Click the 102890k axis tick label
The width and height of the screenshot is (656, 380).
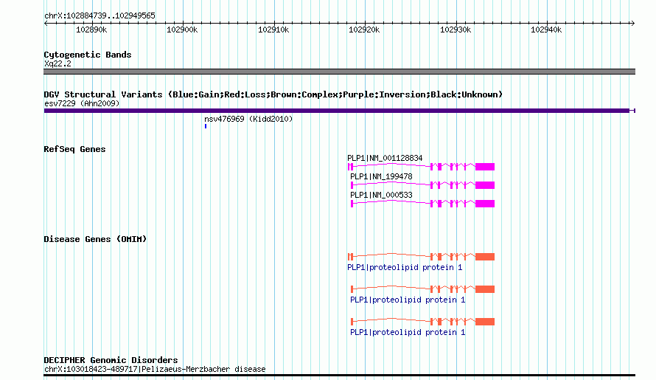coord(91,30)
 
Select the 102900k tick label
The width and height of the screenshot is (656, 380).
coord(182,30)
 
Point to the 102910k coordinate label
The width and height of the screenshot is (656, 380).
coord(273,30)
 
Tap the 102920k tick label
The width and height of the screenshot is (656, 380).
coord(364,30)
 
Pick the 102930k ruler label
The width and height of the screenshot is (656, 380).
coord(456,30)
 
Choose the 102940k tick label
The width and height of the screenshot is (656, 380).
coord(546,30)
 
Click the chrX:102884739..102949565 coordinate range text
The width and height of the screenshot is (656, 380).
coord(100,15)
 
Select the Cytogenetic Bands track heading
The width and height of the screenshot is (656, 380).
coord(88,55)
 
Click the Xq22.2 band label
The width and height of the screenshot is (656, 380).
coord(57,63)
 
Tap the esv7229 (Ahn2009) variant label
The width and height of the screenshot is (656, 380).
coord(82,103)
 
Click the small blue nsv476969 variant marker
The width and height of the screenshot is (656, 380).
coord(206,126)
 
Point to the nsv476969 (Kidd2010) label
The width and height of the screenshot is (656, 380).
coord(248,119)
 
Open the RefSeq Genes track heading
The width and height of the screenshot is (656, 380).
coord(74,149)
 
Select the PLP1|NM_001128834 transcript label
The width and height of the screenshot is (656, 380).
coord(385,158)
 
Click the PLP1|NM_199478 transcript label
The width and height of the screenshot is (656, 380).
coord(381,176)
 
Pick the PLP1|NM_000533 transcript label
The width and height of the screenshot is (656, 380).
coord(381,195)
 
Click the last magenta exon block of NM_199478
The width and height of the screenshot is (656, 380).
coord(485,185)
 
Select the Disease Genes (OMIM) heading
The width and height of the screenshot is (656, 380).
coord(95,239)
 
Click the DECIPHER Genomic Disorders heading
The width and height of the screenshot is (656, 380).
coord(111,360)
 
